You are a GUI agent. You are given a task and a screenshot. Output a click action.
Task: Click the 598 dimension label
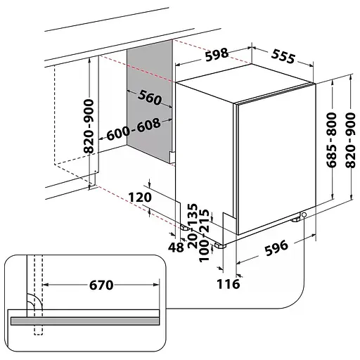point(217,54)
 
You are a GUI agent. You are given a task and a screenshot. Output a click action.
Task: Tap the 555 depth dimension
point(283,56)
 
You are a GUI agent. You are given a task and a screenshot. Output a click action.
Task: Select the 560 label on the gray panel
point(150,97)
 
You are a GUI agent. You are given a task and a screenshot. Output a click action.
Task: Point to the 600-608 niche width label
point(134,129)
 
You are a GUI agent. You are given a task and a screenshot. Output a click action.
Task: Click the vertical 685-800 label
point(331,140)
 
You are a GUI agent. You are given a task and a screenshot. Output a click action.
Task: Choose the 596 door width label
point(276,247)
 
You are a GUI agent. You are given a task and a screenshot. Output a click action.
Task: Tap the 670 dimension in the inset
point(101,285)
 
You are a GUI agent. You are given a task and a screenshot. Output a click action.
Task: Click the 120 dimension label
point(140,197)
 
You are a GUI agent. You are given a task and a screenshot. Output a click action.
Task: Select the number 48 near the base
point(176,247)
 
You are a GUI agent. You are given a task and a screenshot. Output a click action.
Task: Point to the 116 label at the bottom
point(229,284)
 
